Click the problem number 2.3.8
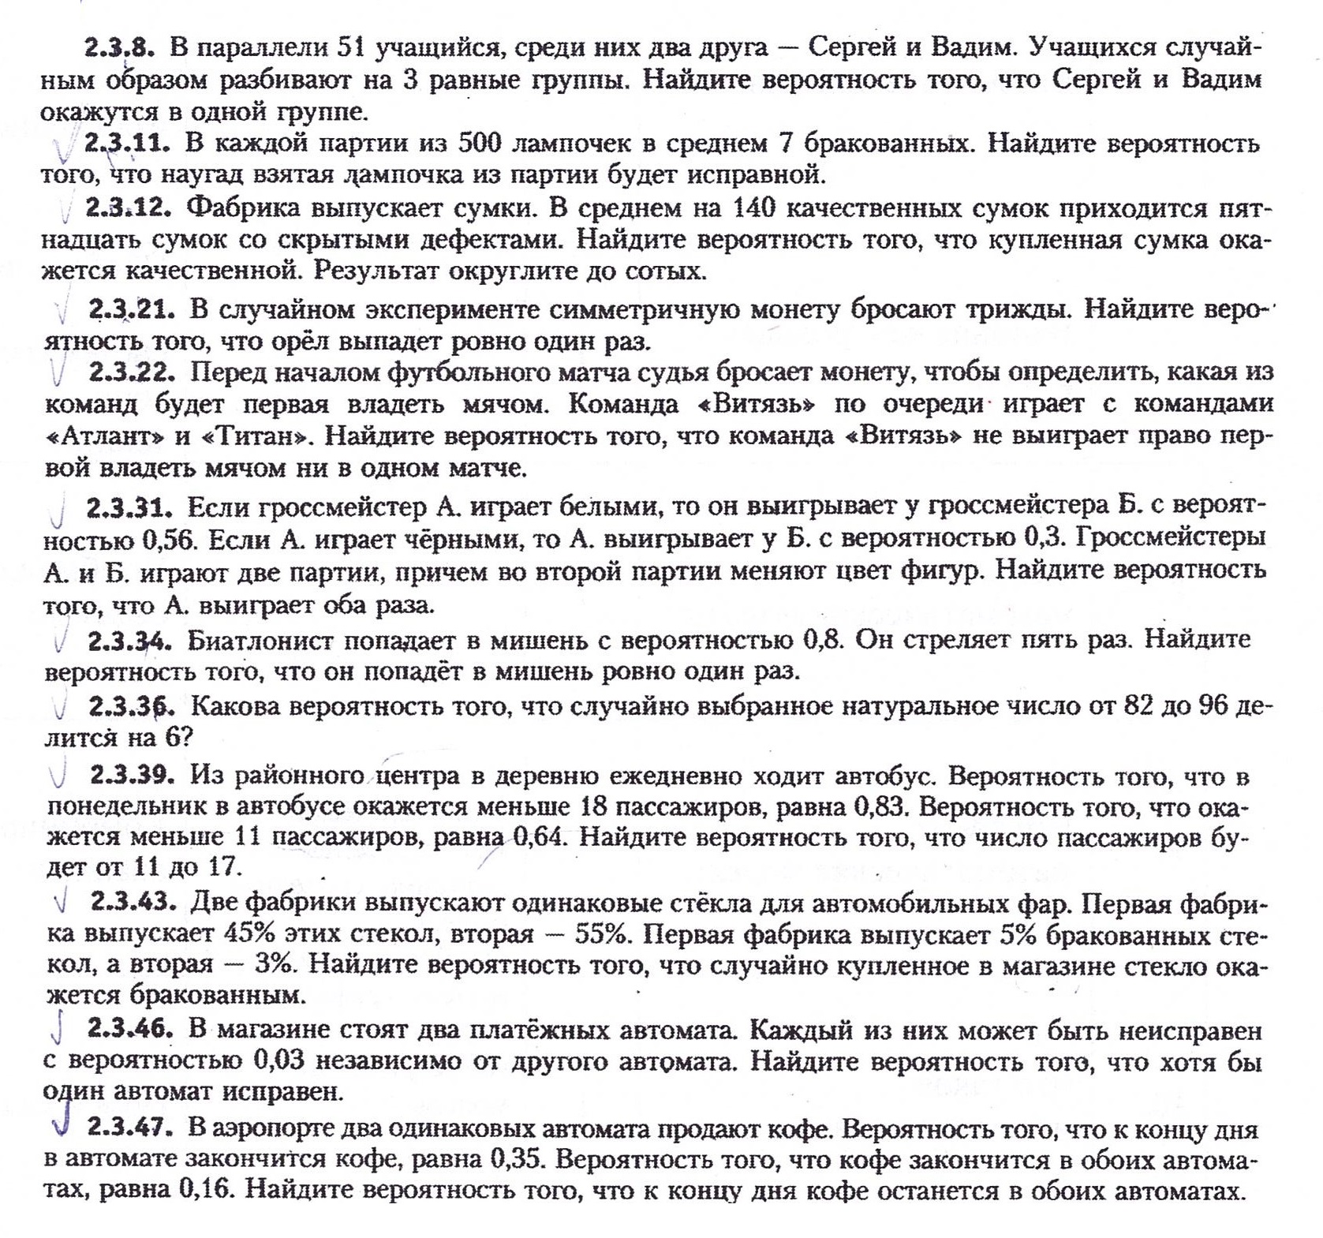(118, 47)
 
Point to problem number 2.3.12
(129, 208)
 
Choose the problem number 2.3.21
(131, 309)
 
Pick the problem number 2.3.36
(131, 706)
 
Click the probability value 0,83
(881, 807)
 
